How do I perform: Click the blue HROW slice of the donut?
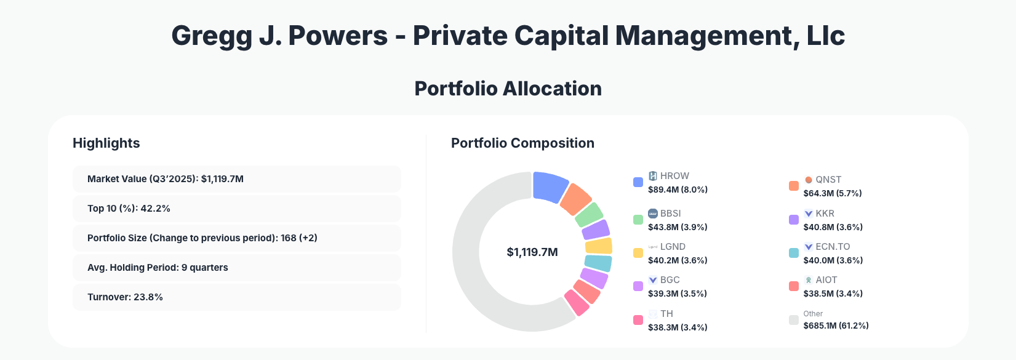(x=550, y=186)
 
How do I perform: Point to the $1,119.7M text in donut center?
(x=532, y=252)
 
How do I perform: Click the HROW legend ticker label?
(x=674, y=176)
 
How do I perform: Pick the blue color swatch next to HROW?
(x=638, y=182)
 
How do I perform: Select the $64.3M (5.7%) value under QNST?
(x=833, y=193)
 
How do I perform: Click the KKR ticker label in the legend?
(x=825, y=214)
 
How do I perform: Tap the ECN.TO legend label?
(x=833, y=247)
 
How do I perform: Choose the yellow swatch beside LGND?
(x=638, y=253)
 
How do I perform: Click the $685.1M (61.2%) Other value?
(x=836, y=326)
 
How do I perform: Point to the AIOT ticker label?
(x=826, y=280)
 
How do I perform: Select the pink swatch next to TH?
(x=638, y=320)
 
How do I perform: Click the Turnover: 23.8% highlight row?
(x=236, y=297)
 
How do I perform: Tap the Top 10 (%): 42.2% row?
(x=236, y=209)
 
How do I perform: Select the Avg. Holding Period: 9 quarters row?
(x=236, y=268)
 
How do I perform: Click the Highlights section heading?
(x=106, y=143)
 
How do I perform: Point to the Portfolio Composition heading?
(x=522, y=143)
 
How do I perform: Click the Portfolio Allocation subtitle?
(x=508, y=89)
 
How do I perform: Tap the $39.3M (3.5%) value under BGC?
(x=677, y=294)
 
